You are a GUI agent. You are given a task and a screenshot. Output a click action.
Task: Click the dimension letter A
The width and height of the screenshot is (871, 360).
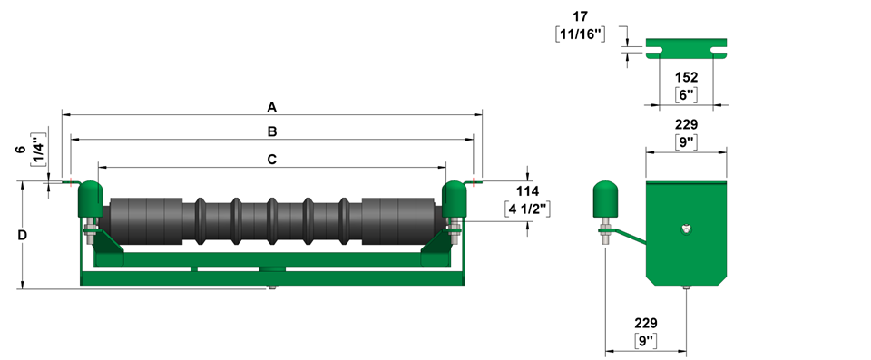(271, 107)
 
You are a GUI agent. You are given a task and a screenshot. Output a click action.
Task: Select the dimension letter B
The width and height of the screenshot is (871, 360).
(272, 131)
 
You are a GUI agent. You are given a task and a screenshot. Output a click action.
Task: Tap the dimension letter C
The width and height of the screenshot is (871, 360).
(271, 160)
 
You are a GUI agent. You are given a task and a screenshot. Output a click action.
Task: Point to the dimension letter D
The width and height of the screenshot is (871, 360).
(22, 236)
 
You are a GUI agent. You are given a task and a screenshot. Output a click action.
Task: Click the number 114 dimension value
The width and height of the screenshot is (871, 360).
(527, 191)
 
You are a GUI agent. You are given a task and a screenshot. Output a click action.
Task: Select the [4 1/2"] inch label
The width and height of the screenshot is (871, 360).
(527, 209)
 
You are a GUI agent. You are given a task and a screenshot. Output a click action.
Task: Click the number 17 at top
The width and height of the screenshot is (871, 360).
(580, 16)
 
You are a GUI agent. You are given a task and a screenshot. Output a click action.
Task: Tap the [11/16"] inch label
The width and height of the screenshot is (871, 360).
(580, 34)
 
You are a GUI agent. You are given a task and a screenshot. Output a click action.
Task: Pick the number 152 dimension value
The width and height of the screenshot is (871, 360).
(687, 77)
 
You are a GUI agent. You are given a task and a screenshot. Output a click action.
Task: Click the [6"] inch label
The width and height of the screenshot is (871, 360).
(687, 94)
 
